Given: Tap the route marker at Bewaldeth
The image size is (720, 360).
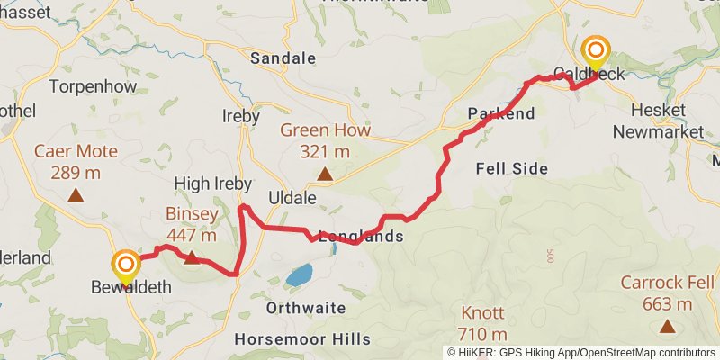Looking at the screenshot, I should [x=126, y=265].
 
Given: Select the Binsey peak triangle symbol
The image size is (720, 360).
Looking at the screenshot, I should [x=192, y=258].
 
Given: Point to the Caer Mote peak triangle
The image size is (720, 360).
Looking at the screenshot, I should [x=76, y=194].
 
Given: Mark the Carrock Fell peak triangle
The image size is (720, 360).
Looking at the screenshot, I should [x=667, y=326].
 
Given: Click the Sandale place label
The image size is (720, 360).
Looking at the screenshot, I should [x=283, y=58].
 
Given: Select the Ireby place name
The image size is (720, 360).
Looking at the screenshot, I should [x=240, y=116].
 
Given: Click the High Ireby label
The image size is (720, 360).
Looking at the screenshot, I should [x=212, y=183].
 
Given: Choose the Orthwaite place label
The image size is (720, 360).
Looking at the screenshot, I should [x=306, y=308].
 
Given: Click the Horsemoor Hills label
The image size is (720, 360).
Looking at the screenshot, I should [x=302, y=339].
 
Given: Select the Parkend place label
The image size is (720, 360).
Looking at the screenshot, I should [x=501, y=113].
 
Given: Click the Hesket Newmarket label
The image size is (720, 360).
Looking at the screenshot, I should [x=657, y=120].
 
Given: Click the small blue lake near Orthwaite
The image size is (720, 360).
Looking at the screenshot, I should [x=300, y=274].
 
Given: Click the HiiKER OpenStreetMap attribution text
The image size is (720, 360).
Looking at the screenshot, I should [x=582, y=352].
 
